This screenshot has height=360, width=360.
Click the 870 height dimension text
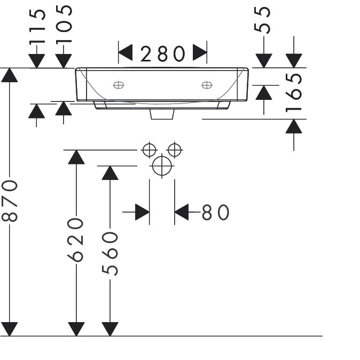(x=10, y=201)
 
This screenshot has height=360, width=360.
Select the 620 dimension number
(x=75, y=240)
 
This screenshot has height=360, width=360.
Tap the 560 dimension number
(x=110, y=254)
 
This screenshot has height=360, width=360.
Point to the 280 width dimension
(x=162, y=54)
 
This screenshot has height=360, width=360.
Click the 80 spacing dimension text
(x=215, y=213)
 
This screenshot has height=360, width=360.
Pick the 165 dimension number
(x=294, y=93)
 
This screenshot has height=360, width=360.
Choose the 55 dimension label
(x=262, y=20)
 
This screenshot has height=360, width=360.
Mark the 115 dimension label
(x=37, y=26)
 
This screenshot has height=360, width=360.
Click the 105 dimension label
(x=64, y=24)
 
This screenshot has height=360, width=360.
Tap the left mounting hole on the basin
(x=119, y=85)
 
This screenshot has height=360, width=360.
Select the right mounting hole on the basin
(x=207, y=85)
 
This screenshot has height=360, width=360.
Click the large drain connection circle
(x=162, y=166)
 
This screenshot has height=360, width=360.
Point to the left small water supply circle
(x=149, y=150)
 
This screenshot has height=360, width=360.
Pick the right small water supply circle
(x=175, y=150)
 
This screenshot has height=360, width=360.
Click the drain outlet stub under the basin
(x=162, y=114)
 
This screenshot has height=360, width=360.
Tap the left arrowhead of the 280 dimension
(x=126, y=52)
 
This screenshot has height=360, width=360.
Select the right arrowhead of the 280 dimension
(x=200, y=52)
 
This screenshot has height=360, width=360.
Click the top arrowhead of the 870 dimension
(x=10, y=75)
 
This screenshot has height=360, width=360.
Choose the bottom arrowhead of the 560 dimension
(x=110, y=329)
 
